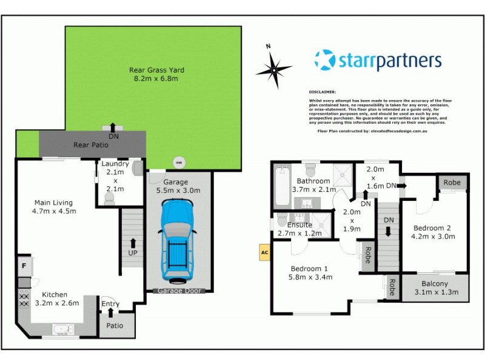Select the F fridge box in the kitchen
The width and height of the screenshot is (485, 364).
pos(24,266)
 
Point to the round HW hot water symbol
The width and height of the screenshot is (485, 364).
pos(178,163)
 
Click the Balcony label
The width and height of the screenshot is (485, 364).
pos(435,288)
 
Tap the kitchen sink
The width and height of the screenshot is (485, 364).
pos(63,329)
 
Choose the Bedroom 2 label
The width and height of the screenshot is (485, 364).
pos(432,232)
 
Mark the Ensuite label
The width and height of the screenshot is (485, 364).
pos(299,228)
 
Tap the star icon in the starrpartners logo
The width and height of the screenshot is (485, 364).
pos(325,60)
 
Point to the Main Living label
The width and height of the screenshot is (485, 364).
pos(53,207)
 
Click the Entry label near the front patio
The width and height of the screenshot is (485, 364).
pos(111,304)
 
